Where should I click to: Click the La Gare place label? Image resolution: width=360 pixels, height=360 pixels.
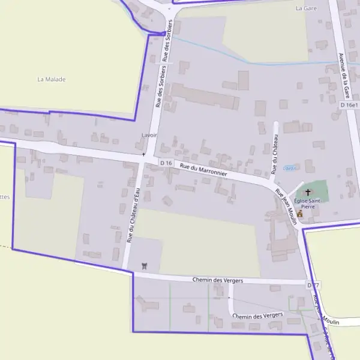tap(306, 8)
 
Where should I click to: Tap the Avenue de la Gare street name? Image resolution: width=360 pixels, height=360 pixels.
tap(344, 75)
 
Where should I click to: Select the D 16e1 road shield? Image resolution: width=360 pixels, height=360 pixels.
tap(349, 105)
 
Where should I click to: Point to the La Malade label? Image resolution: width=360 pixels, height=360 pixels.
tap(51, 79)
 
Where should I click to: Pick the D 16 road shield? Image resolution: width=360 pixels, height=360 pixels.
tap(166, 163)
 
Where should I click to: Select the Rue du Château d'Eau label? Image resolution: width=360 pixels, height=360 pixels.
tap(133, 214)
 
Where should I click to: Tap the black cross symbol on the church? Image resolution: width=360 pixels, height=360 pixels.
tap(308, 193)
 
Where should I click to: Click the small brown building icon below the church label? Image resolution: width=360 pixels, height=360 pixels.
tap(300, 214)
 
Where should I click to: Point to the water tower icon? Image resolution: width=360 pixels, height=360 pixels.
tap(143, 265)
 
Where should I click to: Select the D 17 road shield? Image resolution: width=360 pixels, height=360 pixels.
tap(313, 285)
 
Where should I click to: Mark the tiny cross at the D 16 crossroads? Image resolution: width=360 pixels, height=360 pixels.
tap(143, 154)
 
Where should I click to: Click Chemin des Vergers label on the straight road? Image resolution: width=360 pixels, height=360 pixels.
tap(216, 280)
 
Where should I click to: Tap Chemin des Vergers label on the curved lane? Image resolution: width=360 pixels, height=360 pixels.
tap(257, 316)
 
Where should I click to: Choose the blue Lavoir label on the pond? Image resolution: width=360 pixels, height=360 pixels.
tap(290, 168)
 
